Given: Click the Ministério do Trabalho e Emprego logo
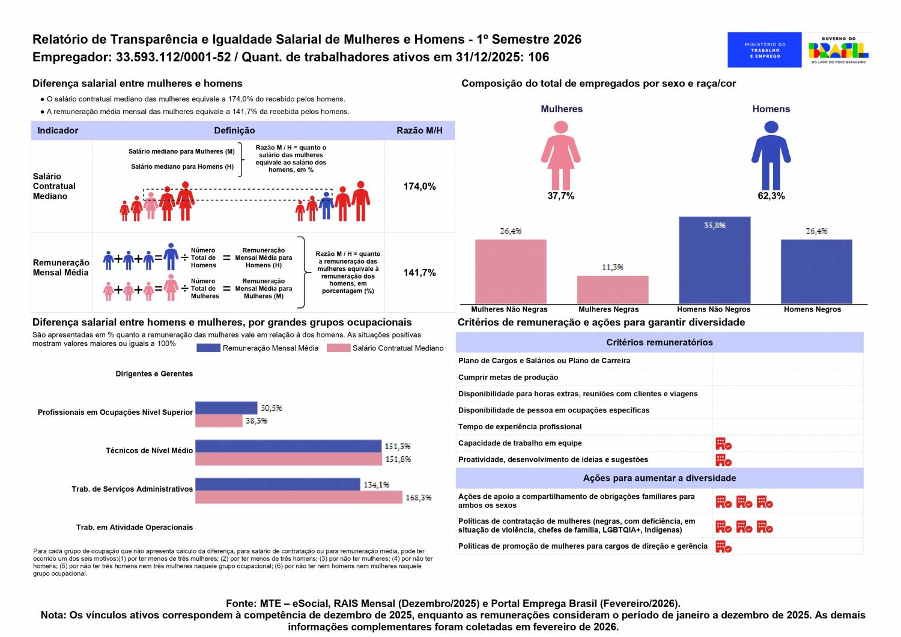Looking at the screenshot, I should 764,50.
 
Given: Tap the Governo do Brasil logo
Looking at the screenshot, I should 839,50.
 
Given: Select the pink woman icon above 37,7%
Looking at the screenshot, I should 560,155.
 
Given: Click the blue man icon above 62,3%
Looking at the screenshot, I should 771,155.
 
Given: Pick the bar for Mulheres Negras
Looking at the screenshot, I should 612,290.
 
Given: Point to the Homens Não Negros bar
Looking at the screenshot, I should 714,260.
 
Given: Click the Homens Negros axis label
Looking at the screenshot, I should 812,310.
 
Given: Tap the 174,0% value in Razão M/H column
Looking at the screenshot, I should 419,187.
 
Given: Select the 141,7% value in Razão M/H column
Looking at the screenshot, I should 419,273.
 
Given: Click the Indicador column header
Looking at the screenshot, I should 58,131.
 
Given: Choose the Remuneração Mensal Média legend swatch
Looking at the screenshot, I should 208,348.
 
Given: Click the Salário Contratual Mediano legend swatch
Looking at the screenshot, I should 338,348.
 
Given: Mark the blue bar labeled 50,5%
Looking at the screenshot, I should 226,408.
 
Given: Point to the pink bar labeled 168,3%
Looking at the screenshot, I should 299,497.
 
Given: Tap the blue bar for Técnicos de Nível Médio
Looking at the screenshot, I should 288,446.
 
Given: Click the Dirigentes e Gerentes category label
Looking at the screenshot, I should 154,374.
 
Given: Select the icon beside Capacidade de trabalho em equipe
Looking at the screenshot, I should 723,444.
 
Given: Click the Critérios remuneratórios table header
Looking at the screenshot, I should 659,342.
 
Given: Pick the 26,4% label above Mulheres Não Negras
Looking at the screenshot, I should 511,231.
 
